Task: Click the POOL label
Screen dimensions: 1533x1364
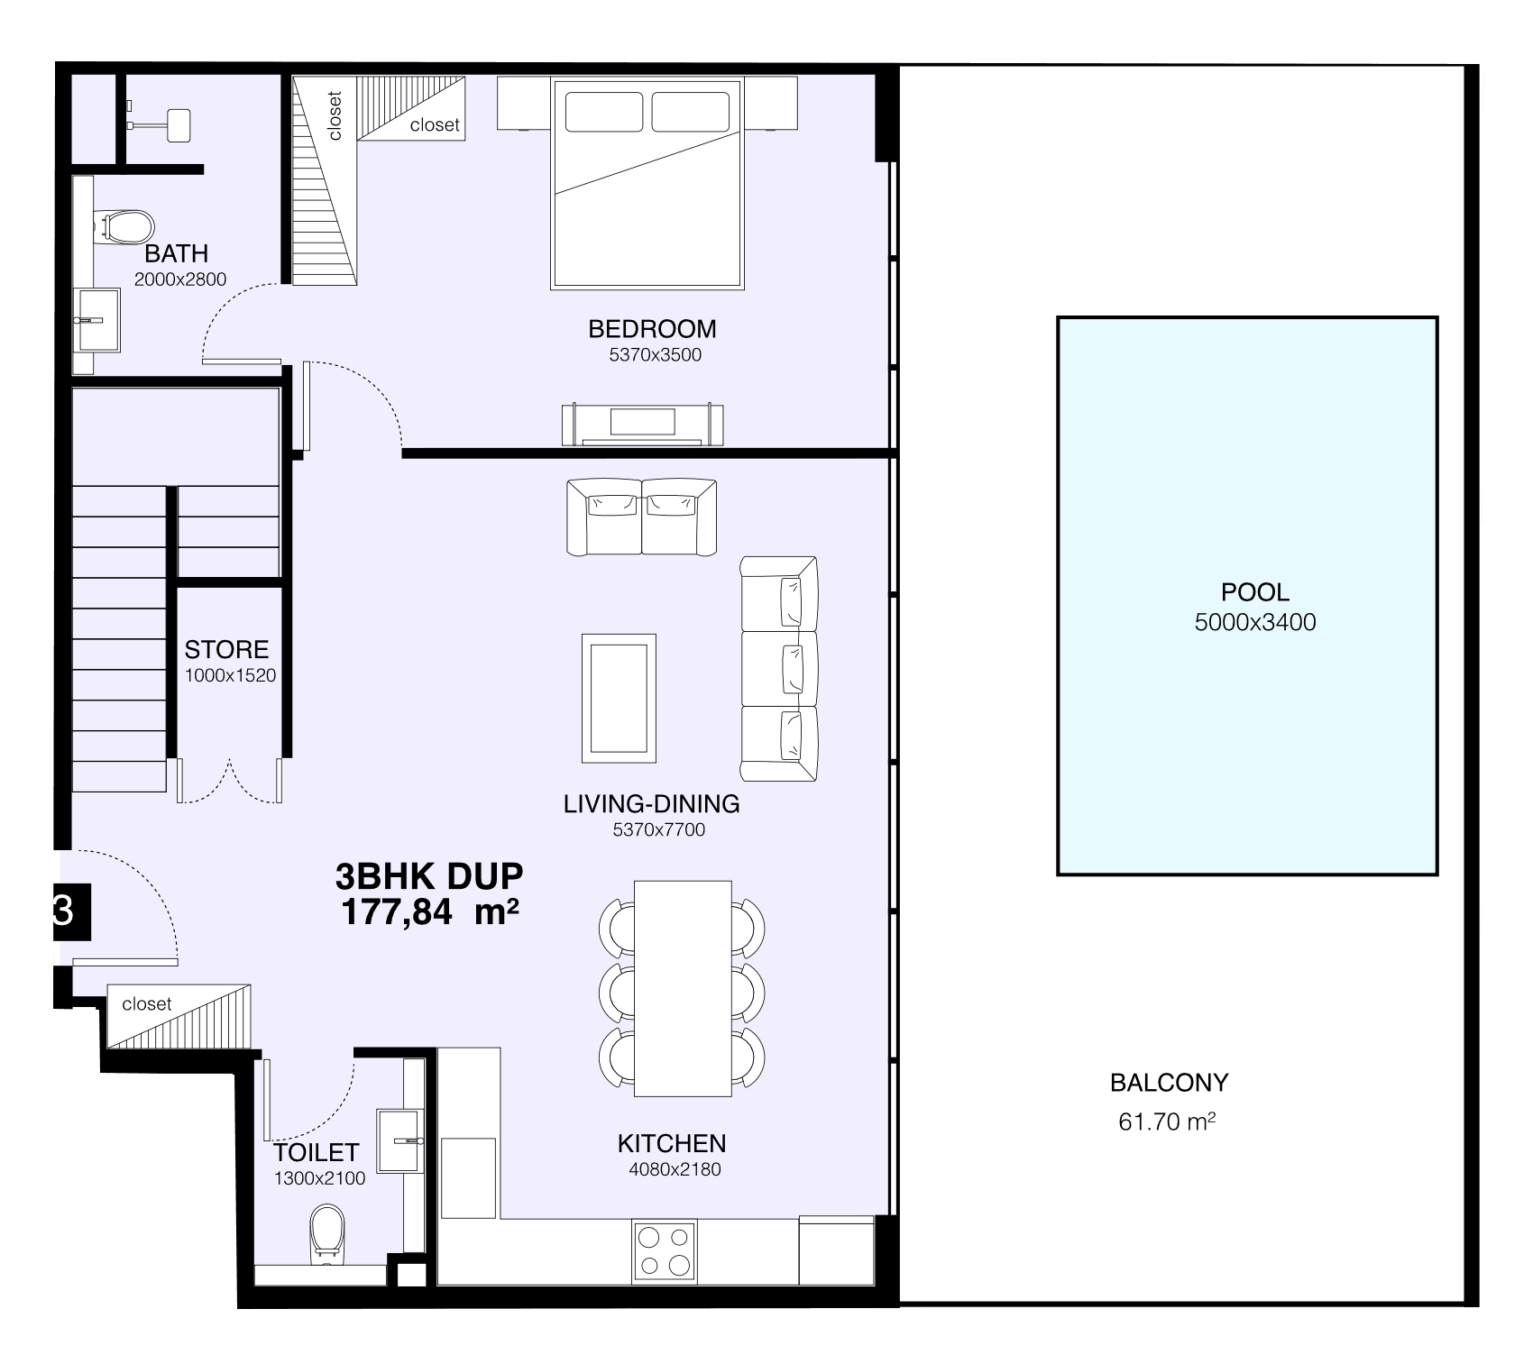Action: tap(1254, 592)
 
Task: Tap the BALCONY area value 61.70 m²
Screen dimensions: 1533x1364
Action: tap(1167, 1121)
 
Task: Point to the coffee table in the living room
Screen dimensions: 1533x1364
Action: tap(619, 698)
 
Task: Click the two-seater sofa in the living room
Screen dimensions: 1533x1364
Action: tap(641, 517)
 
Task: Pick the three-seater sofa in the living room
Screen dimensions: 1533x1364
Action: tap(778, 669)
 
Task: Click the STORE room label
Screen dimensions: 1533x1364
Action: tap(226, 649)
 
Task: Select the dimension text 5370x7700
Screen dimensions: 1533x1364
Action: tap(659, 829)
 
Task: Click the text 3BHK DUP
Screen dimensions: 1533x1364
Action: tap(428, 875)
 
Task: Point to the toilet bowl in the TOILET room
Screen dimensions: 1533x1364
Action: tap(327, 1235)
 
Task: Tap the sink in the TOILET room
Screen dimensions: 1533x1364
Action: tap(400, 1141)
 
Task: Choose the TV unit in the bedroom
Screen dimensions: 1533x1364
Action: tap(643, 425)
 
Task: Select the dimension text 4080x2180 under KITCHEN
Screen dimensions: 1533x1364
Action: tap(675, 1169)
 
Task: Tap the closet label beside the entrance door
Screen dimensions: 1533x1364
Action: tap(147, 1003)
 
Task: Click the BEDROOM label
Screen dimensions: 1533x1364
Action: tap(652, 329)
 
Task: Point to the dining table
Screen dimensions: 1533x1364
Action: tap(683, 988)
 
